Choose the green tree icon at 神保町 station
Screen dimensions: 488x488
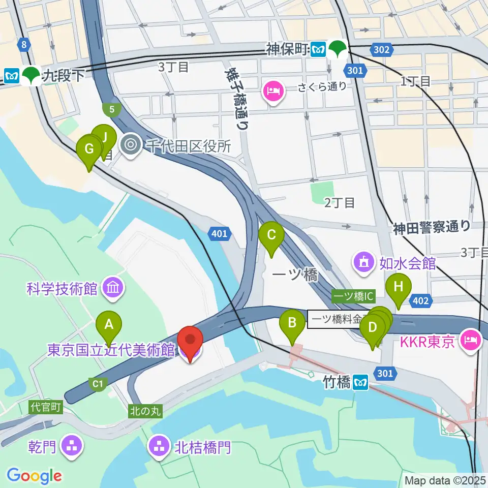point(337,49)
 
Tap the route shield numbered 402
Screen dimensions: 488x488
point(421,301)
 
